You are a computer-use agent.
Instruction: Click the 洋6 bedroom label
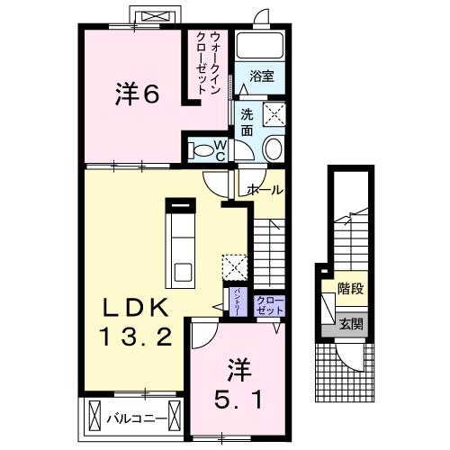coord(139,94)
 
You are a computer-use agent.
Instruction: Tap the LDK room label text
coord(133,307)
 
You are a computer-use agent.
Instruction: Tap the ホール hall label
coord(265,190)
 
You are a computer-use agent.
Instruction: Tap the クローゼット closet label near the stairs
coord(268,304)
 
